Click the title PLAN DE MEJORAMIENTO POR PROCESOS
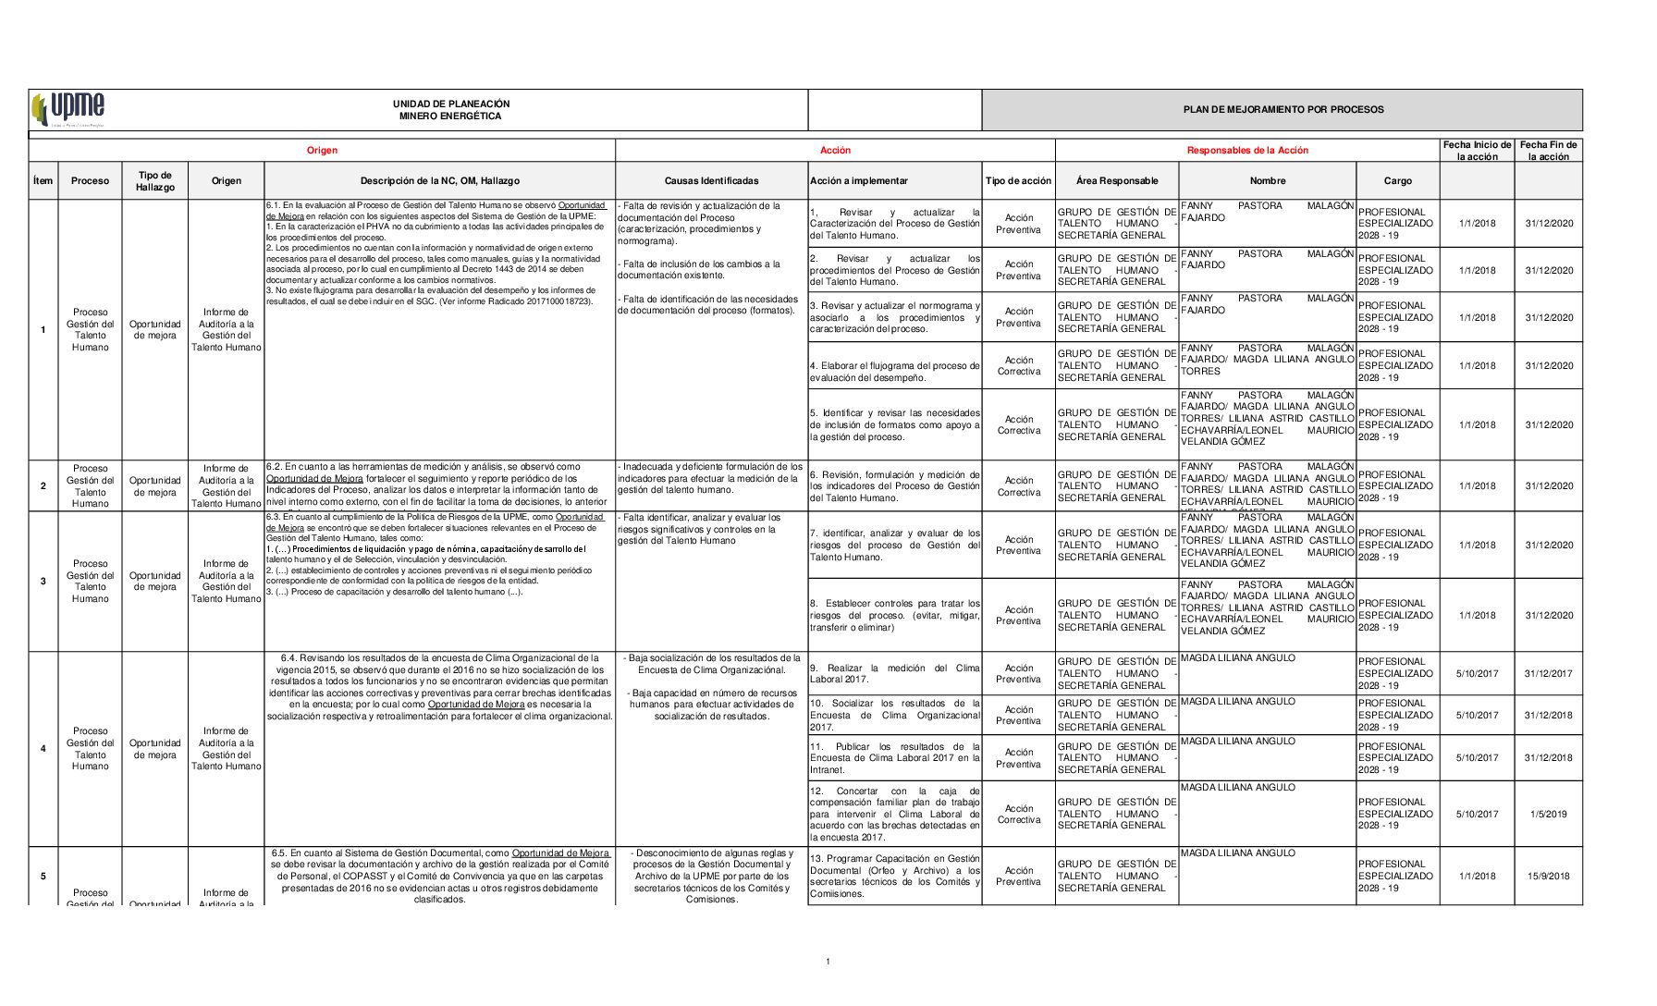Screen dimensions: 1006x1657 [1283, 110]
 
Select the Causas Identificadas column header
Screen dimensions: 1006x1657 [711, 181]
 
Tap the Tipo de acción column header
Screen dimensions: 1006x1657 [1018, 181]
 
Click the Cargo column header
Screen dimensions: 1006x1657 [1397, 181]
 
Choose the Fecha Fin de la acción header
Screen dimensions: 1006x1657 [1548, 151]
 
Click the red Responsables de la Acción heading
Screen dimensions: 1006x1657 [1247, 151]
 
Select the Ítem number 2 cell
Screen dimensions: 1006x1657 [43, 485]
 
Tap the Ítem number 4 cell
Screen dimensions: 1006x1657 [43, 749]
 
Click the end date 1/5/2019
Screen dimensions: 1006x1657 [1548, 815]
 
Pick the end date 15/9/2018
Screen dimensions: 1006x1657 [1548, 877]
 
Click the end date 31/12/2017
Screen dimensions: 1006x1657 [1548, 674]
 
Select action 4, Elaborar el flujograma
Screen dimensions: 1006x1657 [894, 372]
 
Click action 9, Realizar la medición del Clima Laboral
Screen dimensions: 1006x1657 [894, 673]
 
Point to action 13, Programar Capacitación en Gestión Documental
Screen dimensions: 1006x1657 [894, 876]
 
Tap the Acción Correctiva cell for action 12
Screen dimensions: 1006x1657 [1018, 815]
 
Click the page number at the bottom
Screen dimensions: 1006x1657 [828, 963]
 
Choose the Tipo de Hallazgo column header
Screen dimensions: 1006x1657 [154, 181]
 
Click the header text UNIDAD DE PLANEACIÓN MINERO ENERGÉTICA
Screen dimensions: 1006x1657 [450, 110]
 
